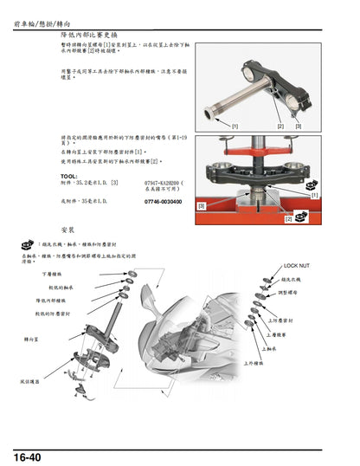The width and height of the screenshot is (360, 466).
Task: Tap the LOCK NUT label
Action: (296, 266)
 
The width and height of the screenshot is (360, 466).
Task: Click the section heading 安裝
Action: (73, 230)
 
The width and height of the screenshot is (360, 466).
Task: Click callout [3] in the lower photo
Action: (202, 206)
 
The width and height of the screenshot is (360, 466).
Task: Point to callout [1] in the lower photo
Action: (314, 196)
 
